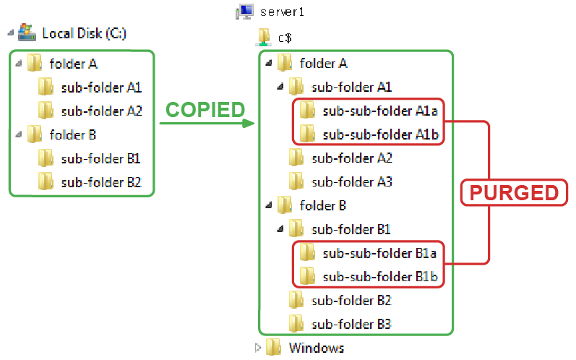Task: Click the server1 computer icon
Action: (x=244, y=12)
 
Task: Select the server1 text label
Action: (x=279, y=13)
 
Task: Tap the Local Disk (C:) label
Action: (x=85, y=33)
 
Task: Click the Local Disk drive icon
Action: (x=27, y=33)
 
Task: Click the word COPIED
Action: (x=206, y=110)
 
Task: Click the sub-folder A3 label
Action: (x=352, y=181)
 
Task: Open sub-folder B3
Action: (x=352, y=324)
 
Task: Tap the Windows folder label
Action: (x=317, y=348)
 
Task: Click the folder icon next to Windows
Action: (x=273, y=347)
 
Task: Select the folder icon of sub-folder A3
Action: (x=296, y=181)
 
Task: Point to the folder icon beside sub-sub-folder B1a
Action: (x=307, y=252)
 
